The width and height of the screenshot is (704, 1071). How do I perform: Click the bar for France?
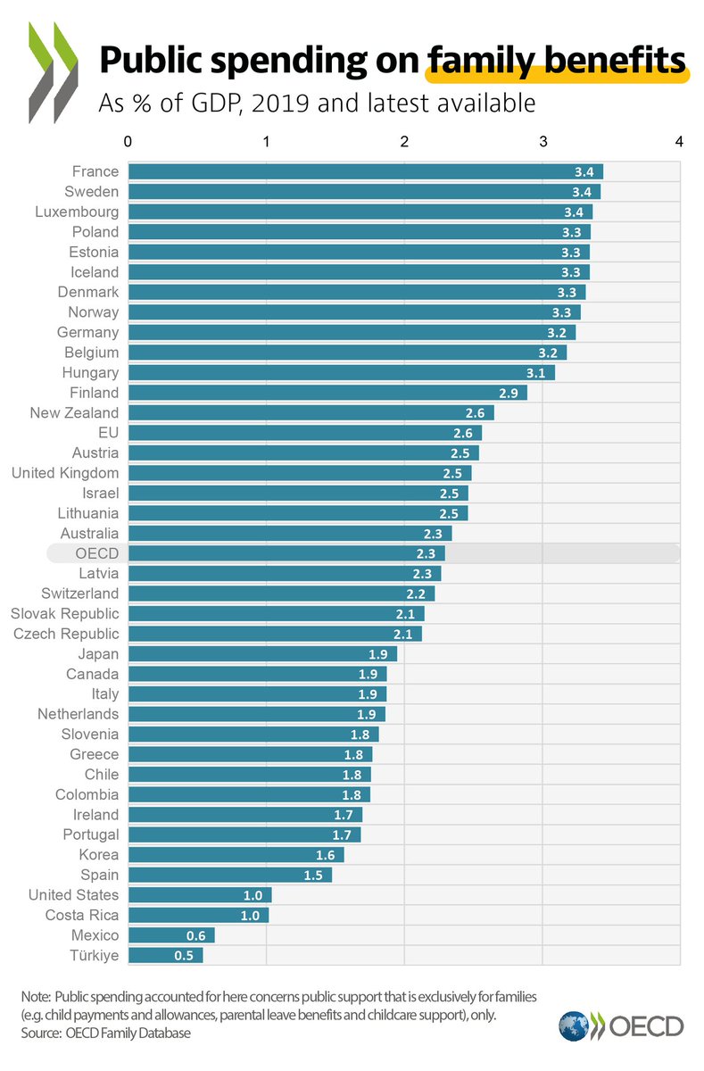[x=366, y=171]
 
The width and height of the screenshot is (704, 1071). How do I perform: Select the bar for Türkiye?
[x=166, y=955]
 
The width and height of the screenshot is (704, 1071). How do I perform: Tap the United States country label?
[x=73, y=895]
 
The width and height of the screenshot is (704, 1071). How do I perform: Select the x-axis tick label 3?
[x=542, y=141]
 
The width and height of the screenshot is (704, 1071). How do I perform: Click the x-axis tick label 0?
[x=129, y=141]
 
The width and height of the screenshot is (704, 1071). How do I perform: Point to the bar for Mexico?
[x=171, y=935]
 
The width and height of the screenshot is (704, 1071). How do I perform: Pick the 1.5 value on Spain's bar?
[x=312, y=876]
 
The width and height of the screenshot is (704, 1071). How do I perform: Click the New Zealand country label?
[x=74, y=412]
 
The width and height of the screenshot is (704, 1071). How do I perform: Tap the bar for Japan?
[x=262, y=654]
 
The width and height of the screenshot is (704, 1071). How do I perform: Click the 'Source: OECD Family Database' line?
[x=106, y=1034]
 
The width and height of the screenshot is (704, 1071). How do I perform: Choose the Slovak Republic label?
[x=64, y=614]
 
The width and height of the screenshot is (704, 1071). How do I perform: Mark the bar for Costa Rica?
[x=198, y=915]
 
